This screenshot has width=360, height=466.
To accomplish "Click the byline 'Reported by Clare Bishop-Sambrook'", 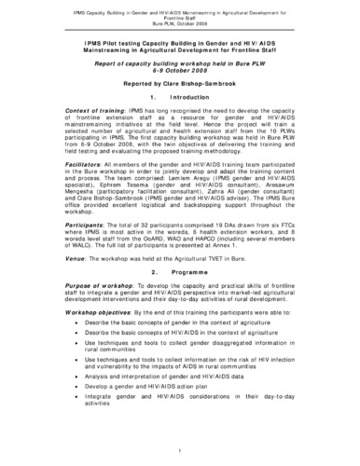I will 180,107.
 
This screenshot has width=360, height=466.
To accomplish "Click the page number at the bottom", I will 180,449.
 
